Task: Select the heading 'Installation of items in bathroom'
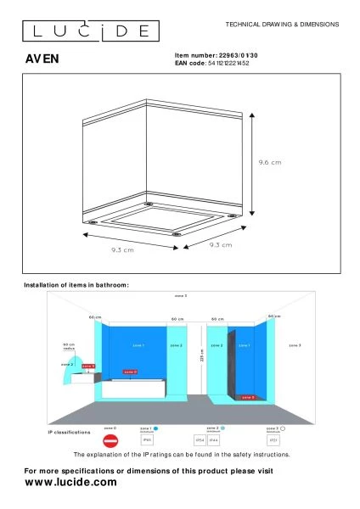pos(76,285)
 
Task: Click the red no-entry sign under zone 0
pos(110,442)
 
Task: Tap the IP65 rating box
pos(147,441)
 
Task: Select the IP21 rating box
pos(273,441)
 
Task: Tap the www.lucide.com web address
pos(70,482)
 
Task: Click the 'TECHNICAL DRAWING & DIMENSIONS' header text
pos(283,25)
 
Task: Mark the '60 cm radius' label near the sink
pos(70,347)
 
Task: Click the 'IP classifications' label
pos(68,433)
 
